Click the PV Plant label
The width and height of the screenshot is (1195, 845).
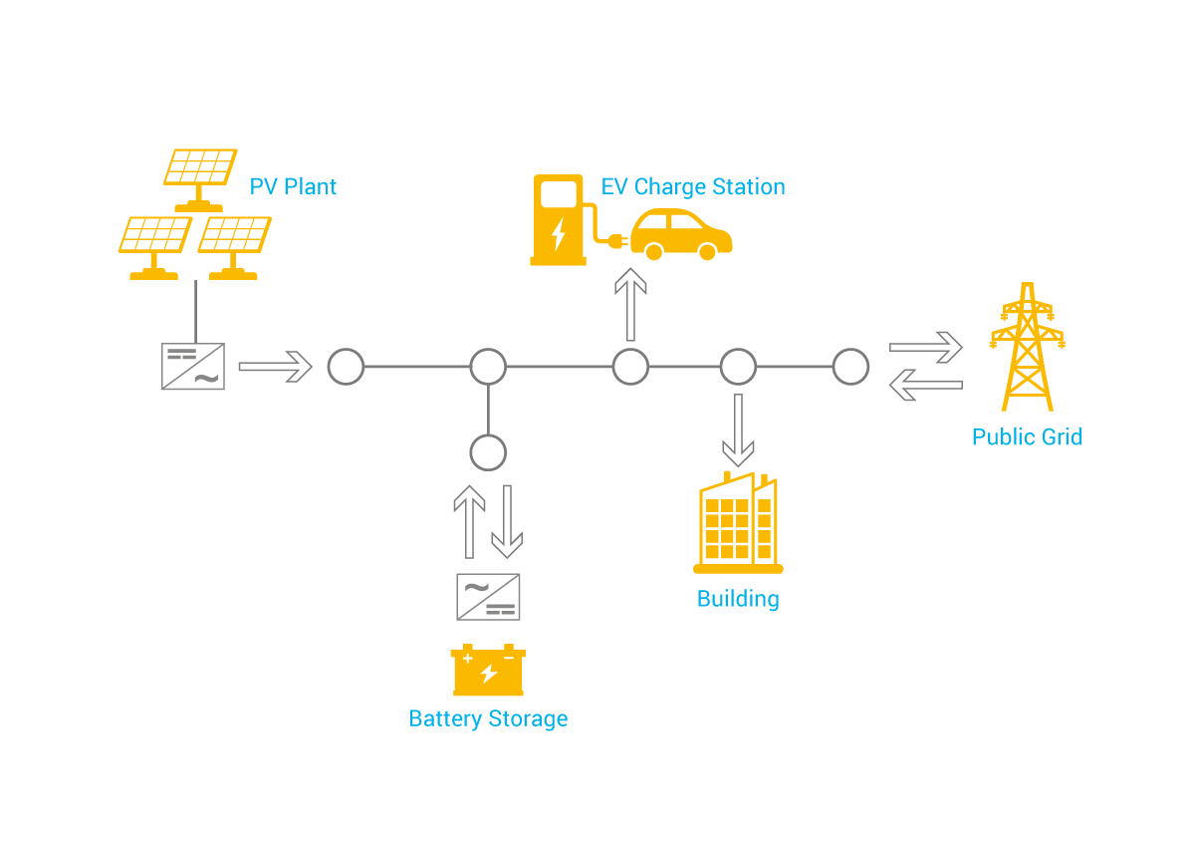tap(293, 187)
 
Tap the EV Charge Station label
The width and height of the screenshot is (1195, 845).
tap(693, 187)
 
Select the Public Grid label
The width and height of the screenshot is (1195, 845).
tap(1027, 437)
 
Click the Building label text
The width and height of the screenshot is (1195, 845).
tap(738, 599)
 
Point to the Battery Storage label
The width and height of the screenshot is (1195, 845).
tap(488, 719)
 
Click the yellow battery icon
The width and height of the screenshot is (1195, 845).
tap(488, 671)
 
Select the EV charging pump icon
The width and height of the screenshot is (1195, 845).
tap(558, 220)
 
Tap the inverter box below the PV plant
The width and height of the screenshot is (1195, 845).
tap(193, 367)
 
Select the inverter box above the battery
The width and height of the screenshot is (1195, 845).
tap(488, 597)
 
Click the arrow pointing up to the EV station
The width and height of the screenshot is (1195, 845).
tap(630, 305)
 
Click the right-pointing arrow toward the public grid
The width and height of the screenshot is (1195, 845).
tap(925, 348)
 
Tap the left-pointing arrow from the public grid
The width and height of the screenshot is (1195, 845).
tap(925, 385)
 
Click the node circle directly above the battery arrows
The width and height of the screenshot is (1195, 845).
tap(488, 452)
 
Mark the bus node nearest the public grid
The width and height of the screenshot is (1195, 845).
tap(850, 367)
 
